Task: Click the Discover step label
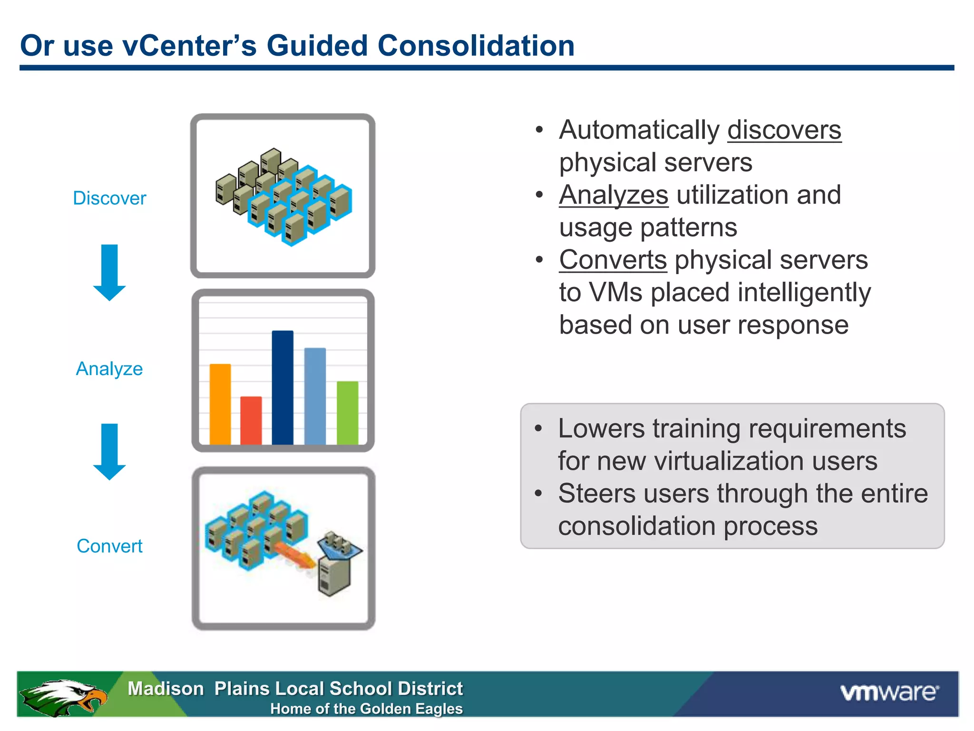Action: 109,198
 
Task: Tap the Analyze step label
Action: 109,369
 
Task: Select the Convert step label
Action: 109,546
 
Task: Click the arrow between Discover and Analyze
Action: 109,272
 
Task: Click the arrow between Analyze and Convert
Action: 109,451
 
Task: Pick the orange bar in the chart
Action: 220,405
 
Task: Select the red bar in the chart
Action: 251,421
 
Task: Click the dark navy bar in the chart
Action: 282,388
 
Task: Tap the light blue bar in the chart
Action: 315,396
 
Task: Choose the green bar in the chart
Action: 347,413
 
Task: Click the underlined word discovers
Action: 784,130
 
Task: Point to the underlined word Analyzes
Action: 614,195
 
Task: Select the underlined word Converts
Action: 613,260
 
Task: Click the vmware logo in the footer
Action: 889,692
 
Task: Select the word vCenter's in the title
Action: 189,46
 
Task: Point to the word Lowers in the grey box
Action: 601,428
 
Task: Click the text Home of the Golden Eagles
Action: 366,709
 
